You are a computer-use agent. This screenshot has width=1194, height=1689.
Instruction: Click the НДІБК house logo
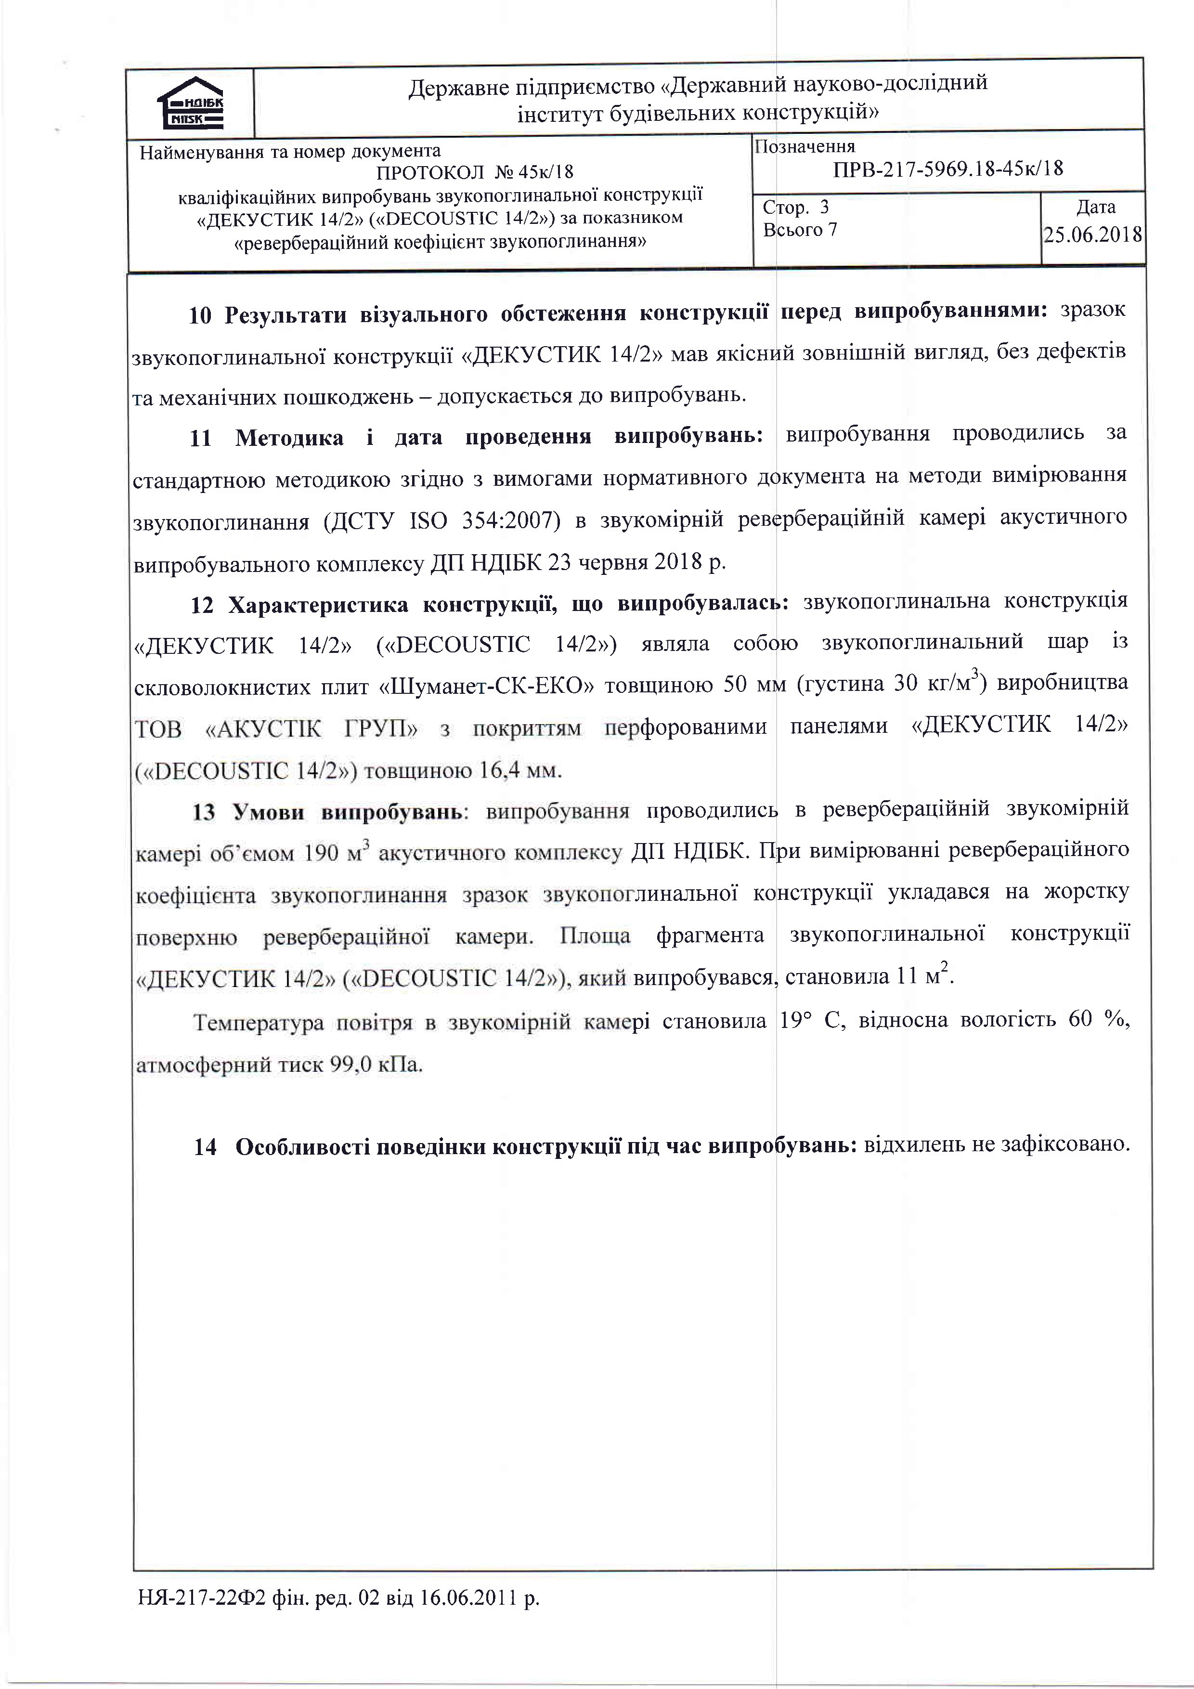191,104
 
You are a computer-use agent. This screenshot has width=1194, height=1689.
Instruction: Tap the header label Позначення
805,146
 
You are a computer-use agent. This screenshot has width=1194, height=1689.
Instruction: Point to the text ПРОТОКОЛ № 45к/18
475,172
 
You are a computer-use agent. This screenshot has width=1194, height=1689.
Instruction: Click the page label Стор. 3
796,208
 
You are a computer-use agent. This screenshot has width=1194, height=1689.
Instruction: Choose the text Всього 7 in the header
800,230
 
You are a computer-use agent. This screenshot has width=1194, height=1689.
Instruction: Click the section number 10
201,315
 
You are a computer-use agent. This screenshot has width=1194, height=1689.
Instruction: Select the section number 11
201,439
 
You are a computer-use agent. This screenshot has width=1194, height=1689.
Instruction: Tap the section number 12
202,605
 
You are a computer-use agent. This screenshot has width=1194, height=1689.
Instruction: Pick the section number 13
204,812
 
